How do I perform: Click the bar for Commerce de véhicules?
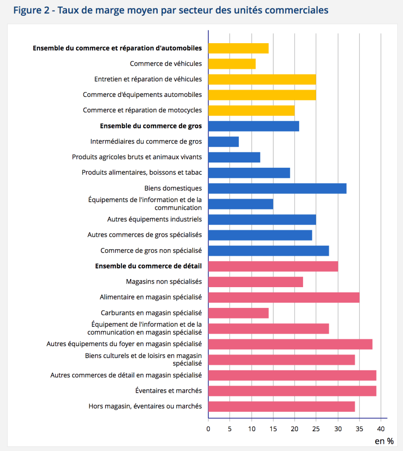tap(232, 64)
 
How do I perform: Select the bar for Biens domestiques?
tap(277, 189)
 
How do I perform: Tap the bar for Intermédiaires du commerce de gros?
tap(223, 142)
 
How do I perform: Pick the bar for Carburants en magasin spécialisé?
tap(238, 313)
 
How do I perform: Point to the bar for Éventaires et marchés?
tap(292, 391)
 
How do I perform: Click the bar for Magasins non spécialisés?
tap(255, 282)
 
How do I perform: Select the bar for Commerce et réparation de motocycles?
tap(251, 111)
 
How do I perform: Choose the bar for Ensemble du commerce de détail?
tap(273, 266)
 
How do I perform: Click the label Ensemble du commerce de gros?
tap(151, 126)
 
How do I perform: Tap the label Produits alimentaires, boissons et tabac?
tap(141, 173)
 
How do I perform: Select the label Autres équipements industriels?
tap(154, 219)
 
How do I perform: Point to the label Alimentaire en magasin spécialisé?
tap(151, 298)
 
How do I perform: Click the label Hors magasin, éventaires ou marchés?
tap(145, 406)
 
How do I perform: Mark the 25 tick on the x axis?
tap(316, 427)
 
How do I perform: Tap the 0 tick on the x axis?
tap(208, 427)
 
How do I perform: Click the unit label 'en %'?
tap(384, 441)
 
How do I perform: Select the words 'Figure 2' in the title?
tap(30, 10)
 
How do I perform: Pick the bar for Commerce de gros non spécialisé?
tap(269, 251)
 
